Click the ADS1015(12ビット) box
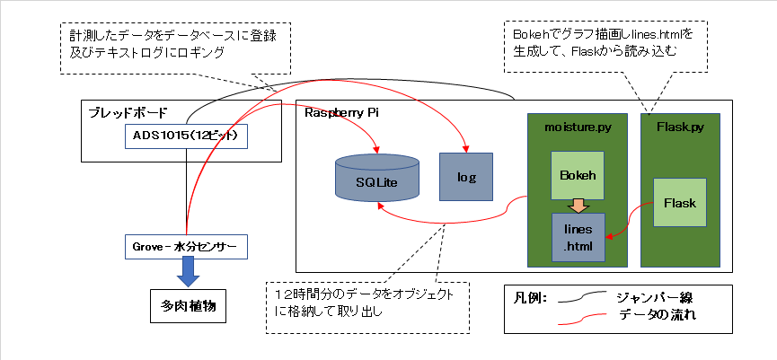[x=185, y=136]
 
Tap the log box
[x=465, y=176]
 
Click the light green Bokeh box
[x=578, y=174]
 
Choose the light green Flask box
[x=680, y=203]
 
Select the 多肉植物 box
[x=186, y=306]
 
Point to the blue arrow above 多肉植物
[x=187, y=270]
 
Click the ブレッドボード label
[x=127, y=113]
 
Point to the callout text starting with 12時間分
[x=370, y=303]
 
